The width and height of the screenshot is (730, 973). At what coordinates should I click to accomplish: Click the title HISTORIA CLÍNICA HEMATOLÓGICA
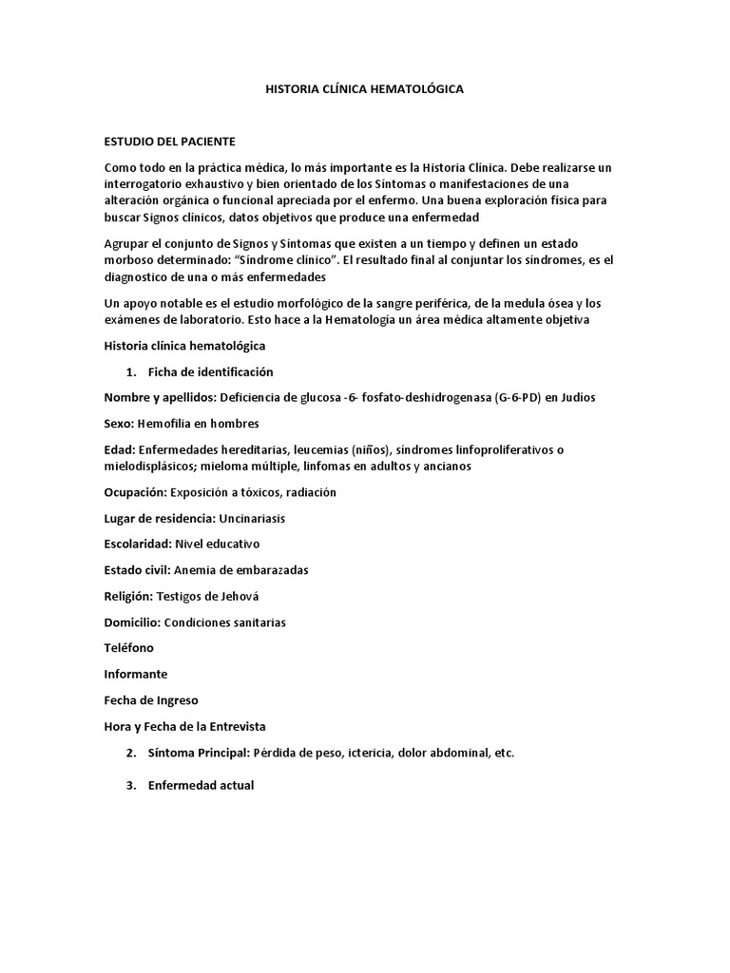(364, 88)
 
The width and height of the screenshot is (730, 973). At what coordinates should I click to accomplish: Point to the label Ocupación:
(136, 492)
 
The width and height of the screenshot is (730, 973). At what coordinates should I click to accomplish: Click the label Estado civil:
(138, 570)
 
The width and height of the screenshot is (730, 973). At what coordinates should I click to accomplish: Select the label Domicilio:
(133, 622)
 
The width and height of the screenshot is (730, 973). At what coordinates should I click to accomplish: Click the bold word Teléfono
(128, 648)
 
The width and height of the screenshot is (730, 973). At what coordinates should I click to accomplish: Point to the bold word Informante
(136, 674)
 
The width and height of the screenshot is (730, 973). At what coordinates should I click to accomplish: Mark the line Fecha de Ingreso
(151, 700)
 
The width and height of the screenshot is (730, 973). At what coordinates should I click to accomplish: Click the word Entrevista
(232, 726)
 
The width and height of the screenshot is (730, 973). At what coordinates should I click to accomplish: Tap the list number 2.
(130, 753)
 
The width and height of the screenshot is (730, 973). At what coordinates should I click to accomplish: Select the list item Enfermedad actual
(201, 786)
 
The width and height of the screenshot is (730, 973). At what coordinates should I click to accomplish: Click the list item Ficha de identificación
(210, 372)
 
